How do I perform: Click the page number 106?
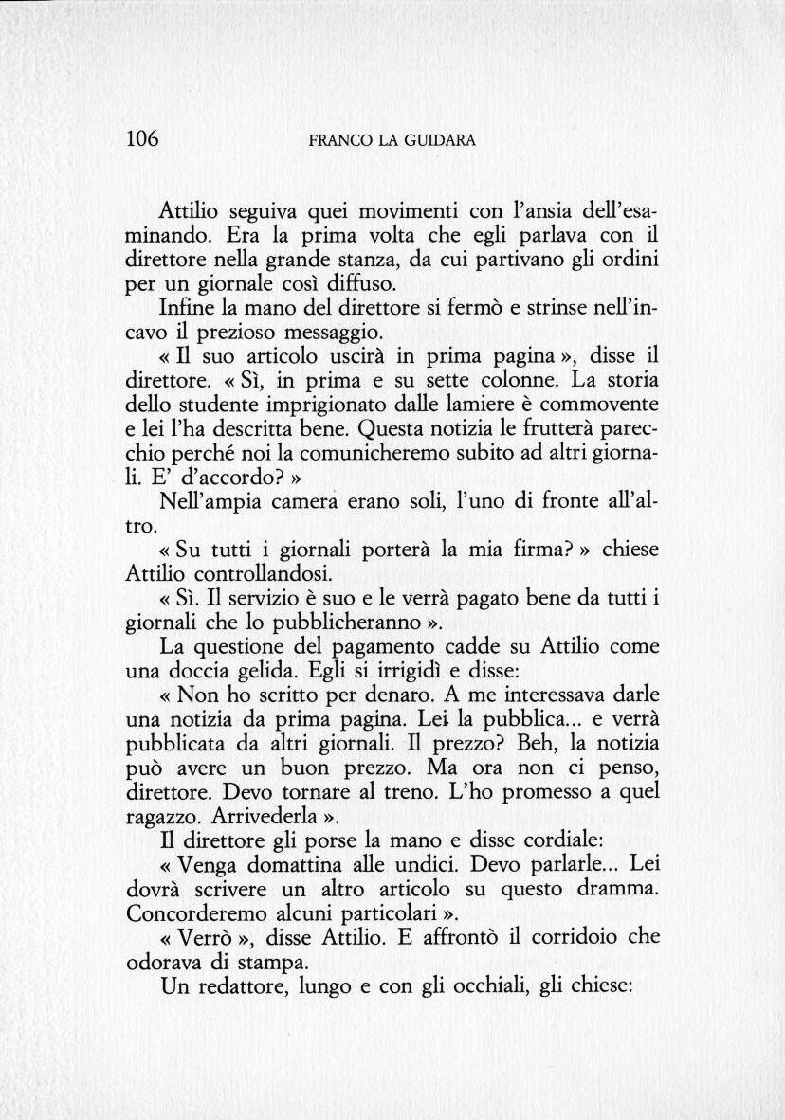143,139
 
